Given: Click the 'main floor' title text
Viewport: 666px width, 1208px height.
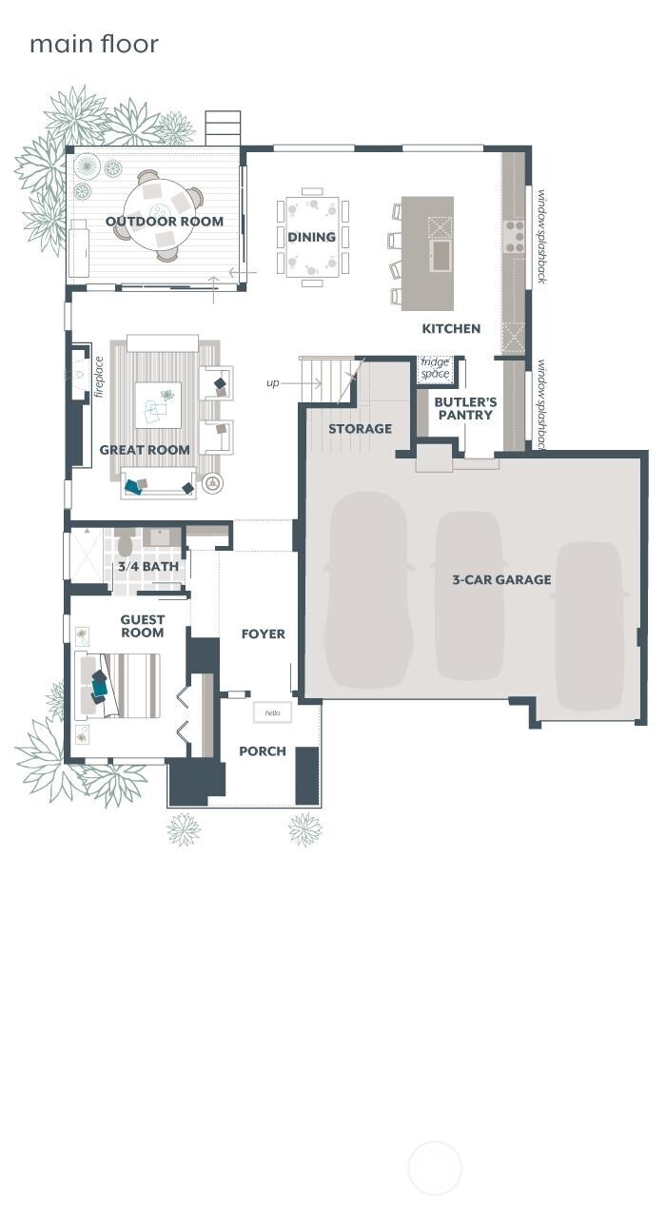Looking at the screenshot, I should click(x=93, y=44).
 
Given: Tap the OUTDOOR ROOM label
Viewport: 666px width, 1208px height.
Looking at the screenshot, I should click(x=165, y=222).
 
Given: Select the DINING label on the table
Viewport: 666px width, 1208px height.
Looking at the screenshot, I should click(x=312, y=237).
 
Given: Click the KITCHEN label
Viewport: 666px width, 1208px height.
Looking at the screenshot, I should click(x=451, y=328).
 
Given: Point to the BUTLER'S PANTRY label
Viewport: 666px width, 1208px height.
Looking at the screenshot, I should click(x=465, y=408).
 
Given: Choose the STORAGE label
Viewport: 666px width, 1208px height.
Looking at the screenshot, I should click(x=360, y=429).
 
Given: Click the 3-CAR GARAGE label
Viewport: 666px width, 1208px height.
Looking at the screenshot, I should click(x=501, y=579).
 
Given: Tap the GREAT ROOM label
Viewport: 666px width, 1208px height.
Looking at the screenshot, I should click(x=145, y=450).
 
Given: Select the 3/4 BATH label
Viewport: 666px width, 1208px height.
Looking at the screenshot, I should click(x=147, y=567).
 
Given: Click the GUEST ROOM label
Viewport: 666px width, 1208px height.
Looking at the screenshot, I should click(x=142, y=626).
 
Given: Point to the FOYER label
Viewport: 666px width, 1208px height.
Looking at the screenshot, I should click(x=264, y=633).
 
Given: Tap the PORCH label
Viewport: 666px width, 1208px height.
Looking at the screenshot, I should click(x=263, y=751).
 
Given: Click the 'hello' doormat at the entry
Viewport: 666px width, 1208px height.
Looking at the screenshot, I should click(x=272, y=712).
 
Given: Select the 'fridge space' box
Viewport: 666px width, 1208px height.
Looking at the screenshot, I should click(x=435, y=368).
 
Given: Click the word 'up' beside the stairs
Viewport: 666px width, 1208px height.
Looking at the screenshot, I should click(x=273, y=383).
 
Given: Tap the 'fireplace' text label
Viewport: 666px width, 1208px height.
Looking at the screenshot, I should click(x=99, y=378).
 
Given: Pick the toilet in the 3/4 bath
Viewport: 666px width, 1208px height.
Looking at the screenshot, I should click(x=125, y=544).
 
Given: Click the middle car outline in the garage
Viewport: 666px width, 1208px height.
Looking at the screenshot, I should click(x=470, y=596).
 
